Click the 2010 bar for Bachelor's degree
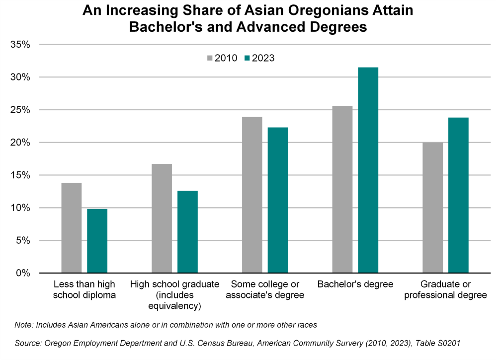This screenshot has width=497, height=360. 342,189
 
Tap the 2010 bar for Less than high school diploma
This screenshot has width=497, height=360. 72,228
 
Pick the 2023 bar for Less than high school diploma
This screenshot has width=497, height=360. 97,241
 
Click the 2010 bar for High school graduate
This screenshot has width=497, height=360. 162,218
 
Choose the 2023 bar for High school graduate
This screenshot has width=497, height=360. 187,232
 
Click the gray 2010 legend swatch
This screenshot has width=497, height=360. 210,58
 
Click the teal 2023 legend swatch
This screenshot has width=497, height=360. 247,58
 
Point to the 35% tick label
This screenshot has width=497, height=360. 20,45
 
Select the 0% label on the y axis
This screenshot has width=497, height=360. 23,273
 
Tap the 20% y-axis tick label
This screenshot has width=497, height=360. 20,143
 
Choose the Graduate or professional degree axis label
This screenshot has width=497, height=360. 445,290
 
